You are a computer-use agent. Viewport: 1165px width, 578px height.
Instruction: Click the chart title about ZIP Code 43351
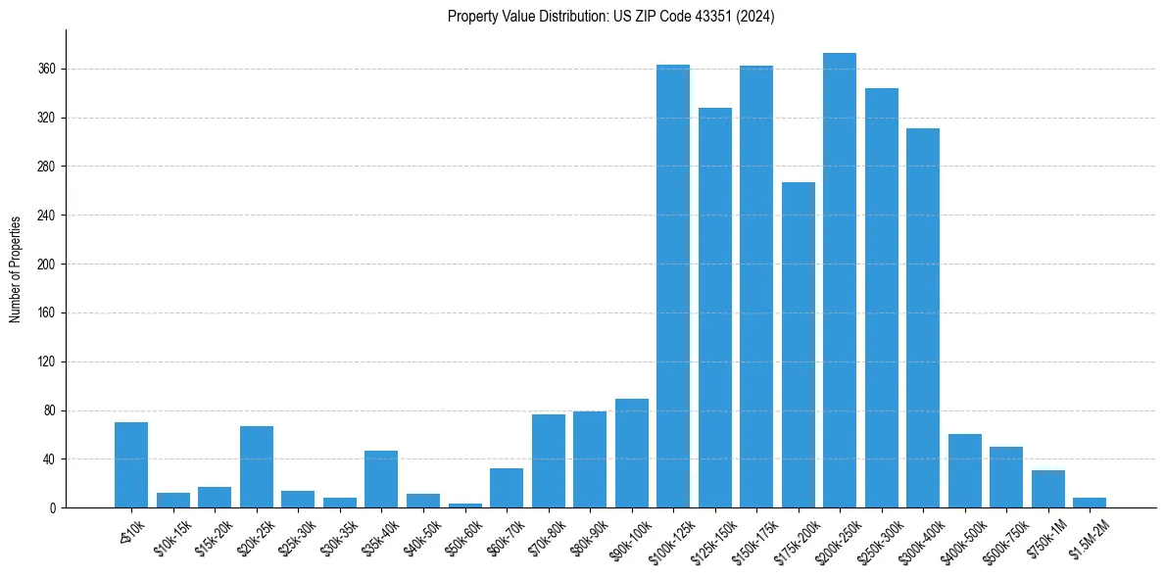[x=610, y=17]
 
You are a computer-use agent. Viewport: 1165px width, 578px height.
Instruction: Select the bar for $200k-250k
[x=840, y=280]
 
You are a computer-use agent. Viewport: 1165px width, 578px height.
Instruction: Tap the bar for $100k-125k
[x=673, y=286]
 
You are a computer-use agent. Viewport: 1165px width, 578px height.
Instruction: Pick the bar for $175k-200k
[x=798, y=345]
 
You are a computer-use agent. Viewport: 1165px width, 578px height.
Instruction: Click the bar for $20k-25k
[x=257, y=467]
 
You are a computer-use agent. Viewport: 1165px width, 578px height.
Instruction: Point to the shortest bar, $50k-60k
[x=464, y=506]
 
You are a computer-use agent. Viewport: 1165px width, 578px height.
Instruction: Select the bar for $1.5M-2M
[x=1090, y=503]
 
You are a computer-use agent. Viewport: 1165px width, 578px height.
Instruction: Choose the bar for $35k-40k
[x=381, y=479]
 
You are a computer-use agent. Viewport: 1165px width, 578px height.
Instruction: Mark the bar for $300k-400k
[x=923, y=318]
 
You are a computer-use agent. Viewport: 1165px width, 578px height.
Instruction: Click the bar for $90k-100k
[x=631, y=454]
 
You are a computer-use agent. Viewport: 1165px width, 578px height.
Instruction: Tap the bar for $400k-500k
[x=964, y=471]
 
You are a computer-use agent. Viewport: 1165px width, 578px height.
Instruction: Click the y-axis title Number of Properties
[x=15, y=269]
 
